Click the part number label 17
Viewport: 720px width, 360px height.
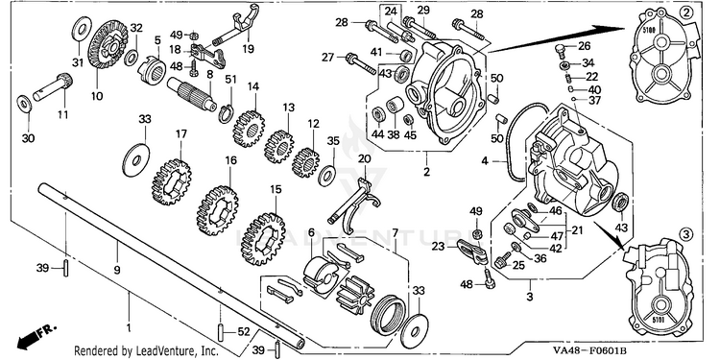click(180, 134)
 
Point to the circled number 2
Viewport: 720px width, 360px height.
click(685, 13)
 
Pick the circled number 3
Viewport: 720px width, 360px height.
click(686, 234)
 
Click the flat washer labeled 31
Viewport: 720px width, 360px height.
click(82, 29)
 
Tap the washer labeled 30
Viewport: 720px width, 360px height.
click(24, 103)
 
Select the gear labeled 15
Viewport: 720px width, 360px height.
click(263, 239)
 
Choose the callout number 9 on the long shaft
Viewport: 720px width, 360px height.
click(117, 270)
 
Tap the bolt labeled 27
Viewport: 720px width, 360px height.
click(361, 63)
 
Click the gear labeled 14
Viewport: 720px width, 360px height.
click(249, 127)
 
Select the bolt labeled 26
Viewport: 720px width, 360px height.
click(559, 50)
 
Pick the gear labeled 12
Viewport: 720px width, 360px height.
click(306, 162)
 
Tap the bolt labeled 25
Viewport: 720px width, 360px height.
click(503, 259)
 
